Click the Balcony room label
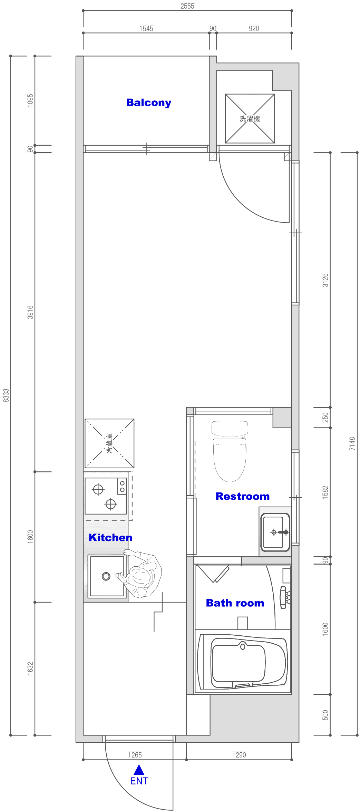click(149, 103)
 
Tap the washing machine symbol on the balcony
click(250, 118)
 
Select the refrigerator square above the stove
click(109, 443)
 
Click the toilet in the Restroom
click(230, 451)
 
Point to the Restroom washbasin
click(275, 532)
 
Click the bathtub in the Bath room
click(243, 662)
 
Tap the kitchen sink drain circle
click(106, 576)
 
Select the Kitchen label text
click(110, 537)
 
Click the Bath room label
click(235, 603)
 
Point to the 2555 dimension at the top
click(187, 6)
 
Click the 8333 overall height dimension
click(6, 395)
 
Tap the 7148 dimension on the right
click(352, 443)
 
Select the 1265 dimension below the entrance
click(135, 755)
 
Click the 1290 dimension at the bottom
click(239, 755)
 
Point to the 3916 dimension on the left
click(30, 312)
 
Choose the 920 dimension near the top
click(254, 29)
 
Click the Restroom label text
click(243, 496)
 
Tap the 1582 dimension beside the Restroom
click(325, 492)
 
